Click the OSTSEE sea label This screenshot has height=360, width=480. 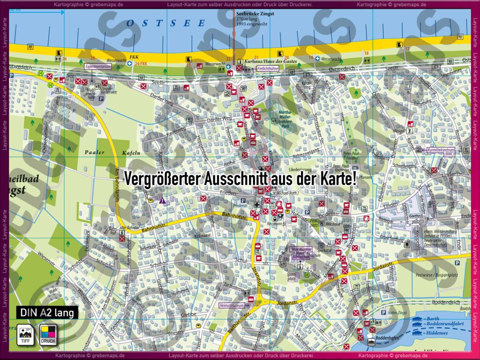[x=166, y=22]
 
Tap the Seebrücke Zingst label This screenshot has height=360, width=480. [x=255, y=14]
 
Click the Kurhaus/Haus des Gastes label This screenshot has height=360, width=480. [x=265, y=61]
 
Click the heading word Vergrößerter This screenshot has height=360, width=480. [x=162, y=179]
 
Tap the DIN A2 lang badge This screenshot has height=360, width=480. [x=47, y=312]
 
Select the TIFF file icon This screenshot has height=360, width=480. [x=24, y=334]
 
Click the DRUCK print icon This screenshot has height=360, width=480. [x=48, y=334]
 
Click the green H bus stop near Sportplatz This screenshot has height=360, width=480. [x=307, y=275]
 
